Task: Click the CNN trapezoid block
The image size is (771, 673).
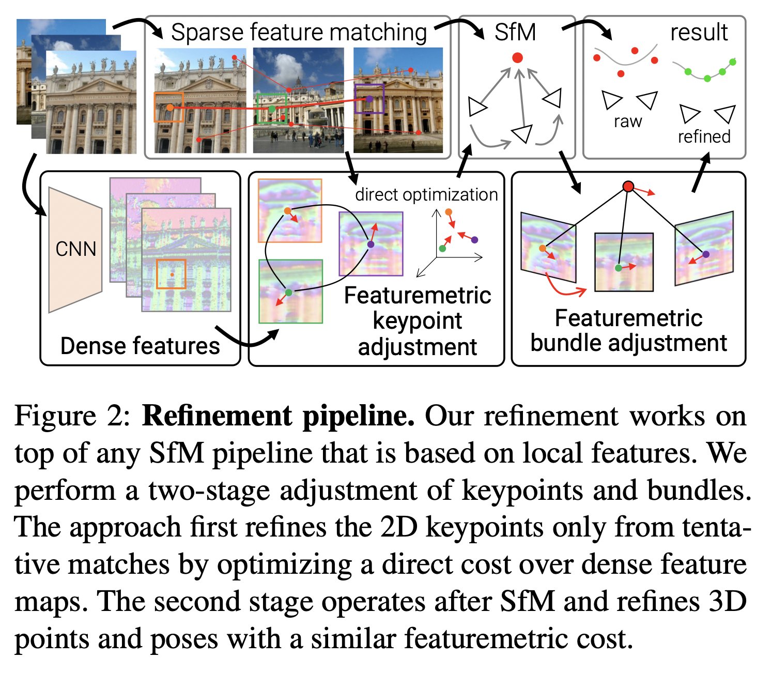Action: click(x=75, y=250)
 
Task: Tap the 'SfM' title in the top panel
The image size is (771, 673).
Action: click(x=515, y=32)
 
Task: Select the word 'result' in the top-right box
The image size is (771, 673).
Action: click(x=699, y=32)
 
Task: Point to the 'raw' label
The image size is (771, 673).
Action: click(x=627, y=121)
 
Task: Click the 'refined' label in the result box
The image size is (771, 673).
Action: click(x=704, y=136)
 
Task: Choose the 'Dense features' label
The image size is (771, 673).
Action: click(x=140, y=345)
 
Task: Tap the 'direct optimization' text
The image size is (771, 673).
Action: click(x=426, y=195)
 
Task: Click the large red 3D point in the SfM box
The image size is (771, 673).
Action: click(x=517, y=58)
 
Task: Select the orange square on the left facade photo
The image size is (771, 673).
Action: click(x=168, y=107)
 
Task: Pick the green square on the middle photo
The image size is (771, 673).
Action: click(x=271, y=109)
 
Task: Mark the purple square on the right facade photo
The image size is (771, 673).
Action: click(x=369, y=99)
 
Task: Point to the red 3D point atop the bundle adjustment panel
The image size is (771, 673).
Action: click(x=628, y=186)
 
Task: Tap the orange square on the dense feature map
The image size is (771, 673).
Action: click(x=171, y=274)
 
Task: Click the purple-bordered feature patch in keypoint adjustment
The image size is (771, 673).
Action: click(x=371, y=244)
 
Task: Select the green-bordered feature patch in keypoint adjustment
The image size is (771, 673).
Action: click(x=290, y=292)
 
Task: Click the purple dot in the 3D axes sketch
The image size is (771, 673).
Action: click(x=474, y=240)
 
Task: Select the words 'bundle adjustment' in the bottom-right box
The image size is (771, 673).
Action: click(x=628, y=343)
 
